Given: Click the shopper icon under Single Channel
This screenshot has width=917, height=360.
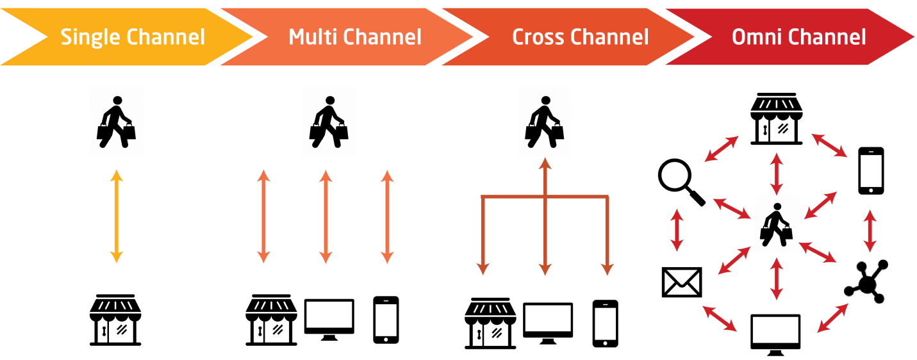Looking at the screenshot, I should click(x=116, y=122).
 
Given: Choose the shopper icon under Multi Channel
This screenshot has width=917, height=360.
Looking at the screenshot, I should click(x=329, y=122).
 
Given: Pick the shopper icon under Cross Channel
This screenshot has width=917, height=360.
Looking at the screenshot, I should click(x=544, y=122).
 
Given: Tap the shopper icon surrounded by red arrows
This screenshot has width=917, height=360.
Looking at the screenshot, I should click(x=776, y=224).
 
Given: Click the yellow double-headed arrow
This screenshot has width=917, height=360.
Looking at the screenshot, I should click(x=116, y=217).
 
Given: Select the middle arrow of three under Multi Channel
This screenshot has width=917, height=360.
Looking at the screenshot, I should click(x=326, y=217).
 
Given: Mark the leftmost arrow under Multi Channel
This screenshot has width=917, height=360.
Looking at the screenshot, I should click(x=263, y=217).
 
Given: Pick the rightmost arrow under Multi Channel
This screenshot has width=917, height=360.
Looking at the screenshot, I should click(x=387, y=217).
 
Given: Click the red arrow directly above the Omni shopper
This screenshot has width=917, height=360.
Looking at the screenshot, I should click(x=776, y=173).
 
